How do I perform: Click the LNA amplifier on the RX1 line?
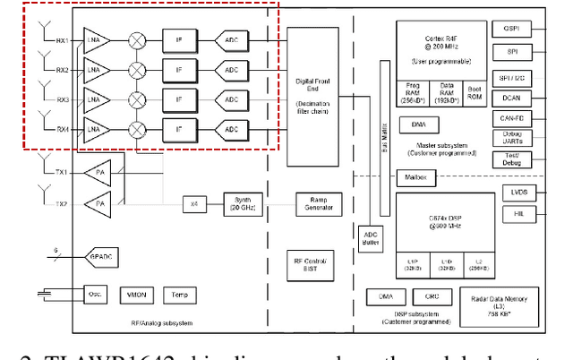pyautogui.click(x=94, y=40)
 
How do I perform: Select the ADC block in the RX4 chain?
pyautogui.click(x=231, y=131)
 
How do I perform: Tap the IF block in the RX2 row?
pyautogui.click(x=179, y=70)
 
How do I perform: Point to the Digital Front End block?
pyautogui.click(x=313, y=94)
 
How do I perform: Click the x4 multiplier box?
pyautogui.click(x=194, y=205)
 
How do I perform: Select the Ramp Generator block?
pyautogui.click(x=319, y=205)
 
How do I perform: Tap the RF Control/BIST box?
pyautogui.click(x=312, y=265)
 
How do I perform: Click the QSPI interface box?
pyautogui.click(x=513, y=30)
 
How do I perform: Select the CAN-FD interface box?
pyautogui.click(x=513, y=116)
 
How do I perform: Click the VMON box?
pyautogui.click(x=136, y=295)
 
